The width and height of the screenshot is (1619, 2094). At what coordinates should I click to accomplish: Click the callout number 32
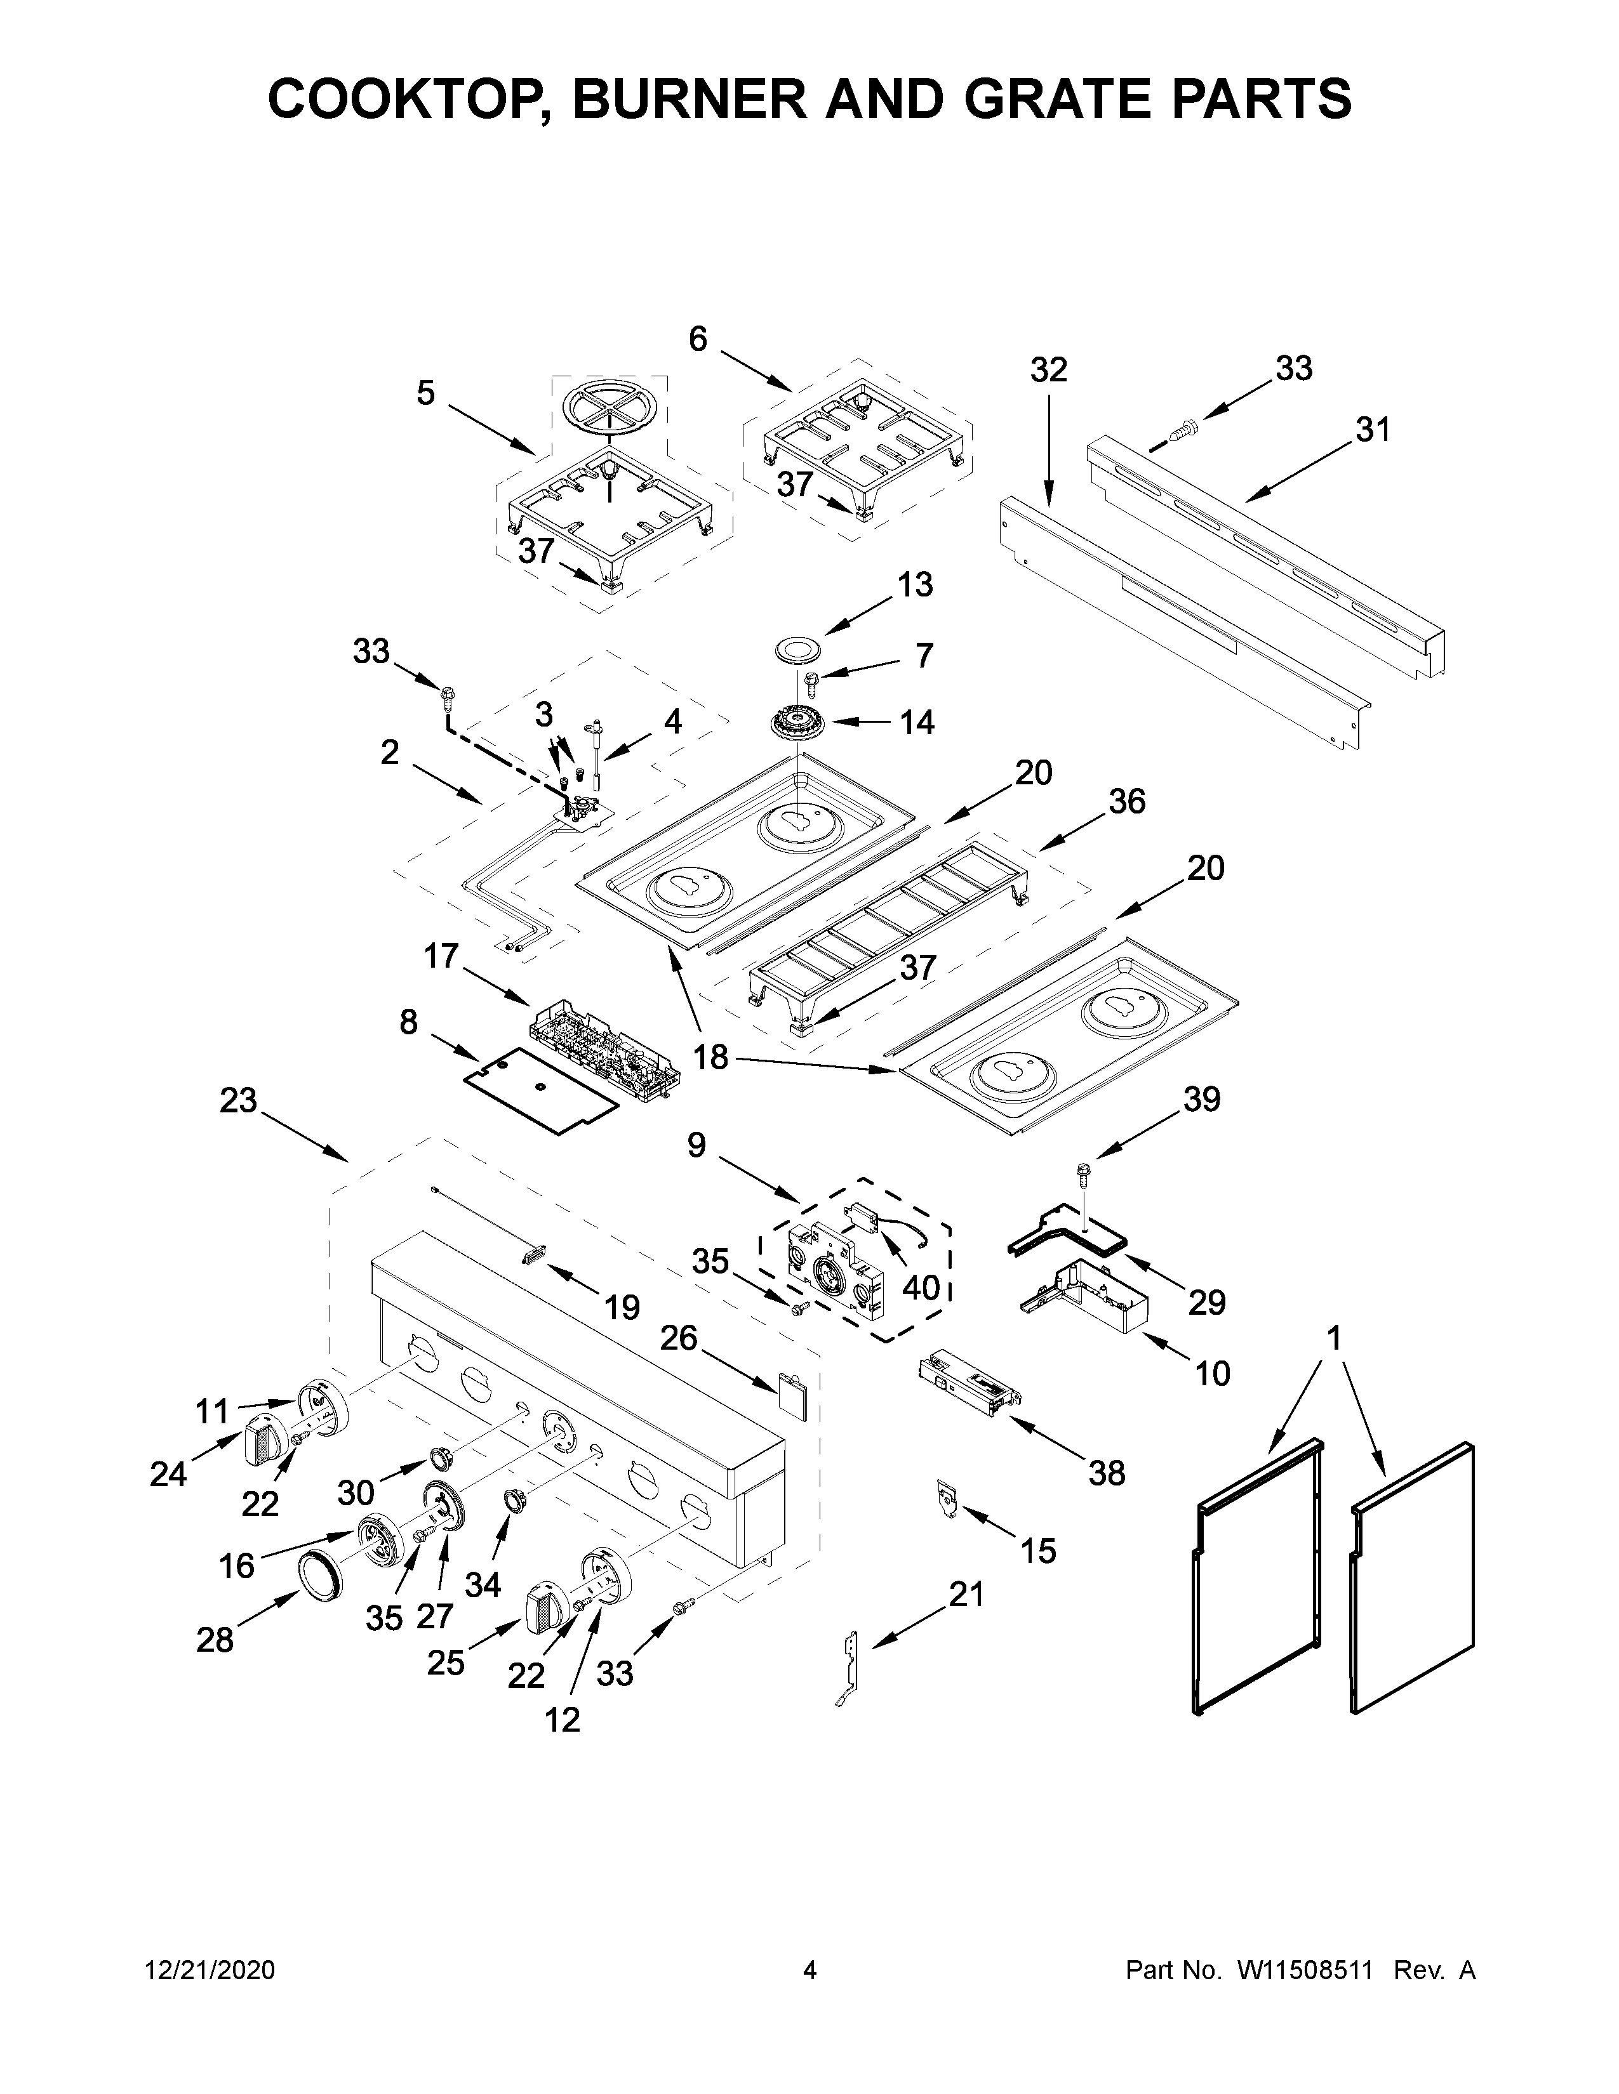1048,370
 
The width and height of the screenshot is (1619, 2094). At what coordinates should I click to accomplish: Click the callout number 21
967,1595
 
